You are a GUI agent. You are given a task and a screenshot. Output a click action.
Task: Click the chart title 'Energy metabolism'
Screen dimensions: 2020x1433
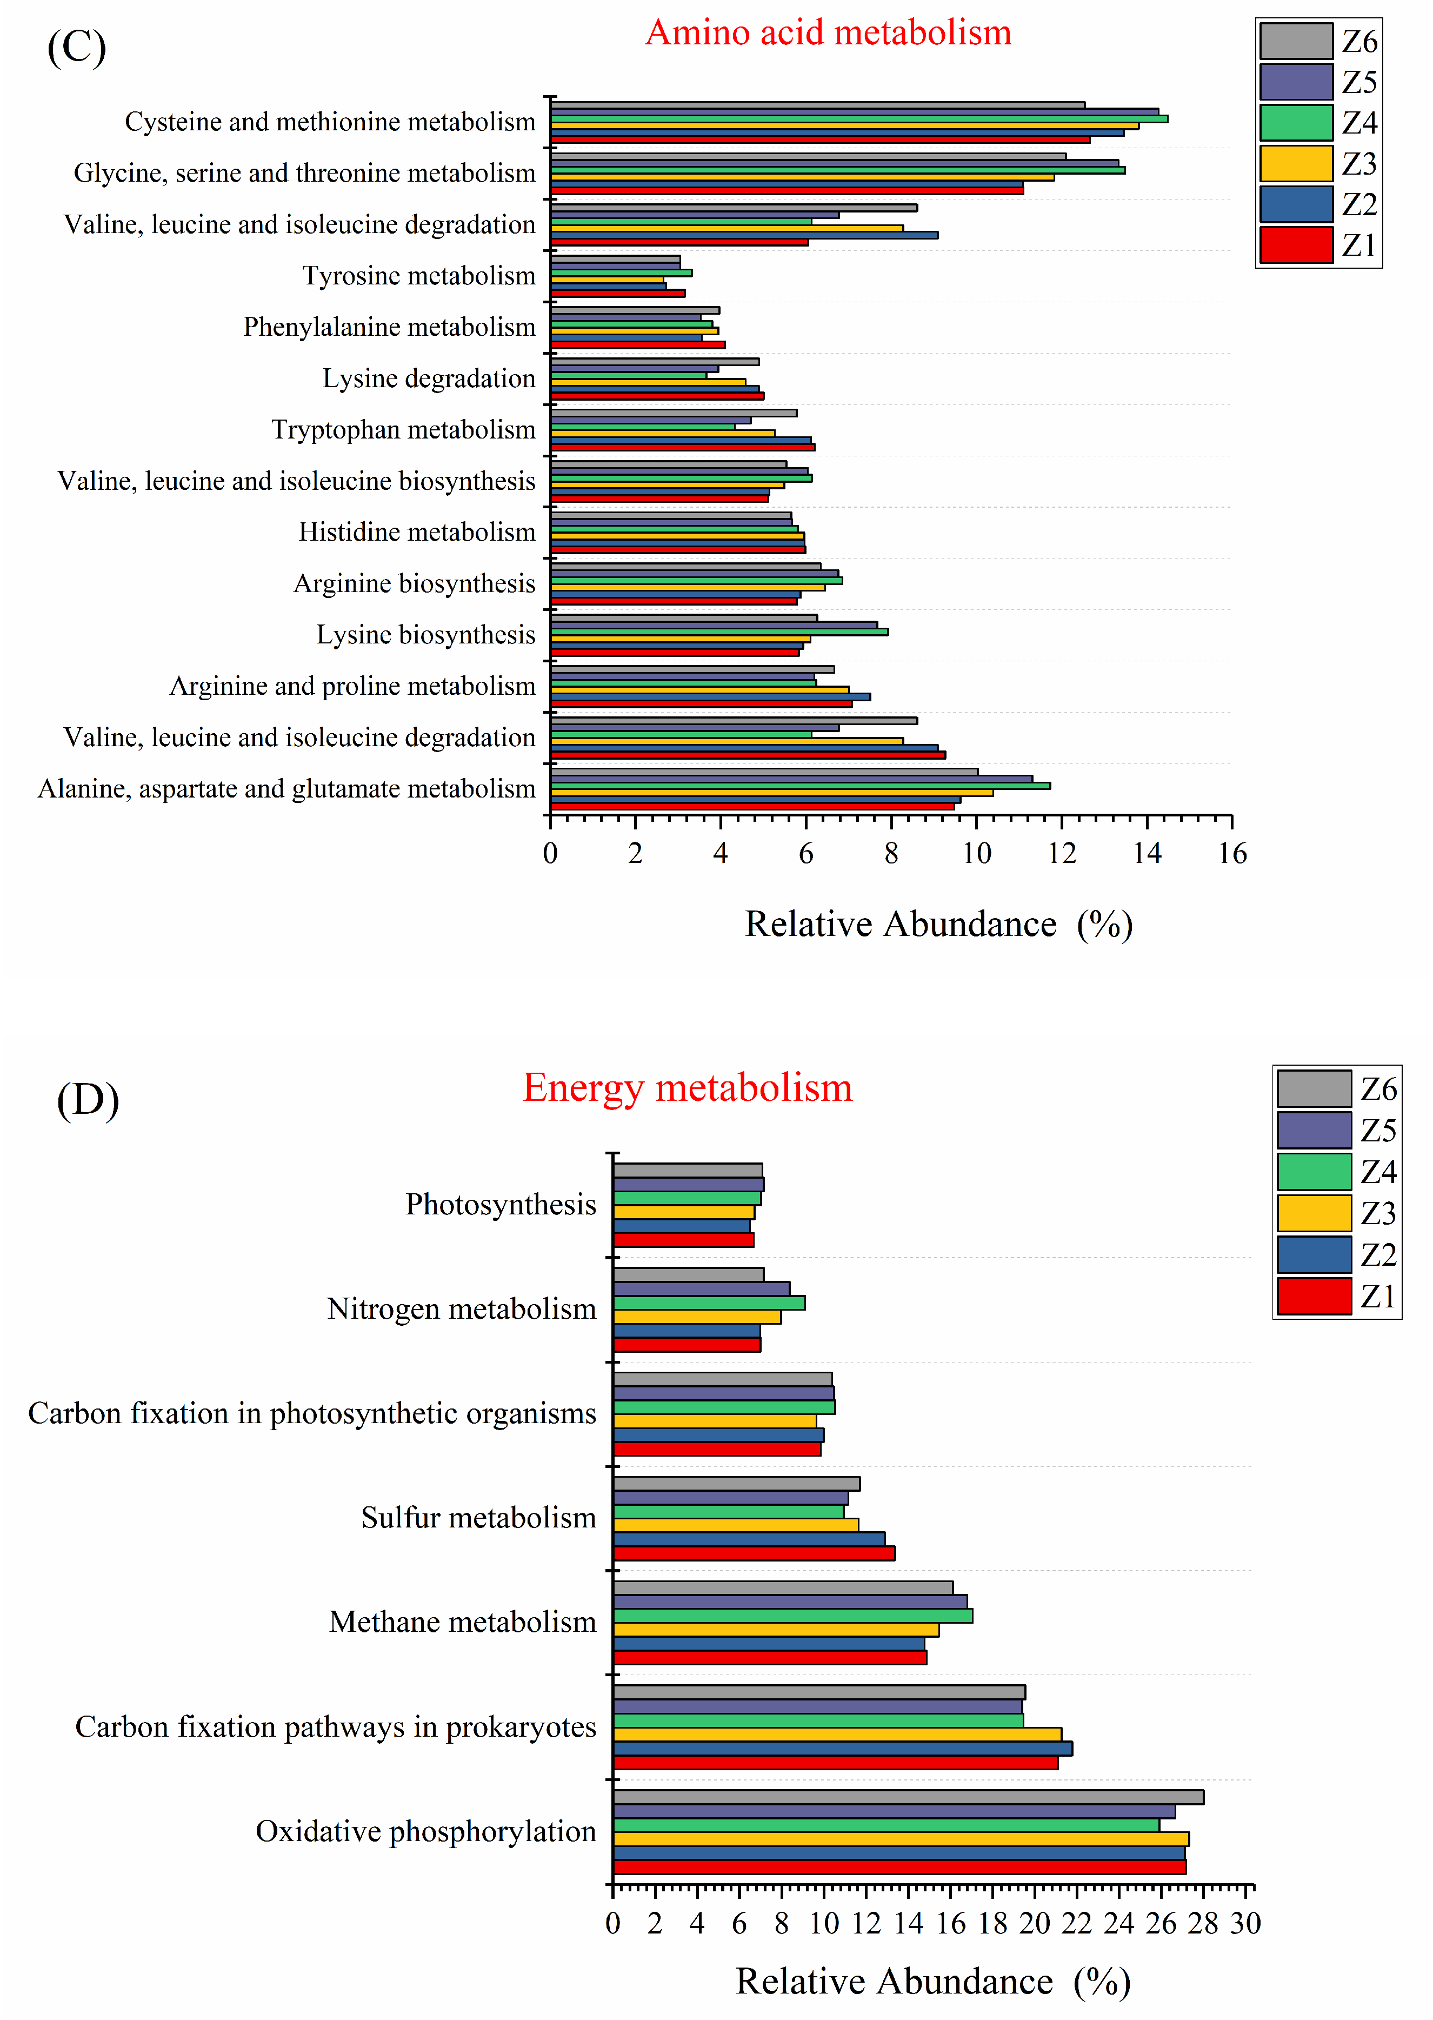(688, 1088)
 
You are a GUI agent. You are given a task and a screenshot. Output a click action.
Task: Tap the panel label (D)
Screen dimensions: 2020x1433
(88, 1100)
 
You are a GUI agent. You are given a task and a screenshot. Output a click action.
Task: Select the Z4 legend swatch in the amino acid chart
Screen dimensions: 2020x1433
(1295, 123)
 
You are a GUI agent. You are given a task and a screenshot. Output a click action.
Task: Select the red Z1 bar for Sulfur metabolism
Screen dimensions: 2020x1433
(755, 1553)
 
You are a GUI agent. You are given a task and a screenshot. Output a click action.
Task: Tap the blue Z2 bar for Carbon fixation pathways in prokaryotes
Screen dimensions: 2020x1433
(843, 1748)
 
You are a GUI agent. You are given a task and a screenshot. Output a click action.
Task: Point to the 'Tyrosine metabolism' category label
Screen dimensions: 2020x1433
(418, 276)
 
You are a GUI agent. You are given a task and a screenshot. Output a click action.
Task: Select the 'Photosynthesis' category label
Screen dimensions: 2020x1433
(501, 1205)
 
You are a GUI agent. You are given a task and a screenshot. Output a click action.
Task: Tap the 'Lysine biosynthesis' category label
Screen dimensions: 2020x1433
(425, 635)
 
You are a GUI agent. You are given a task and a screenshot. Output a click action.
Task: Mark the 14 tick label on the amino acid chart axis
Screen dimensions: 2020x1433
(1147, 853)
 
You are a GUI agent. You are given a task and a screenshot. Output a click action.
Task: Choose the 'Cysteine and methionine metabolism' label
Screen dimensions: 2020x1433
(330, 122)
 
